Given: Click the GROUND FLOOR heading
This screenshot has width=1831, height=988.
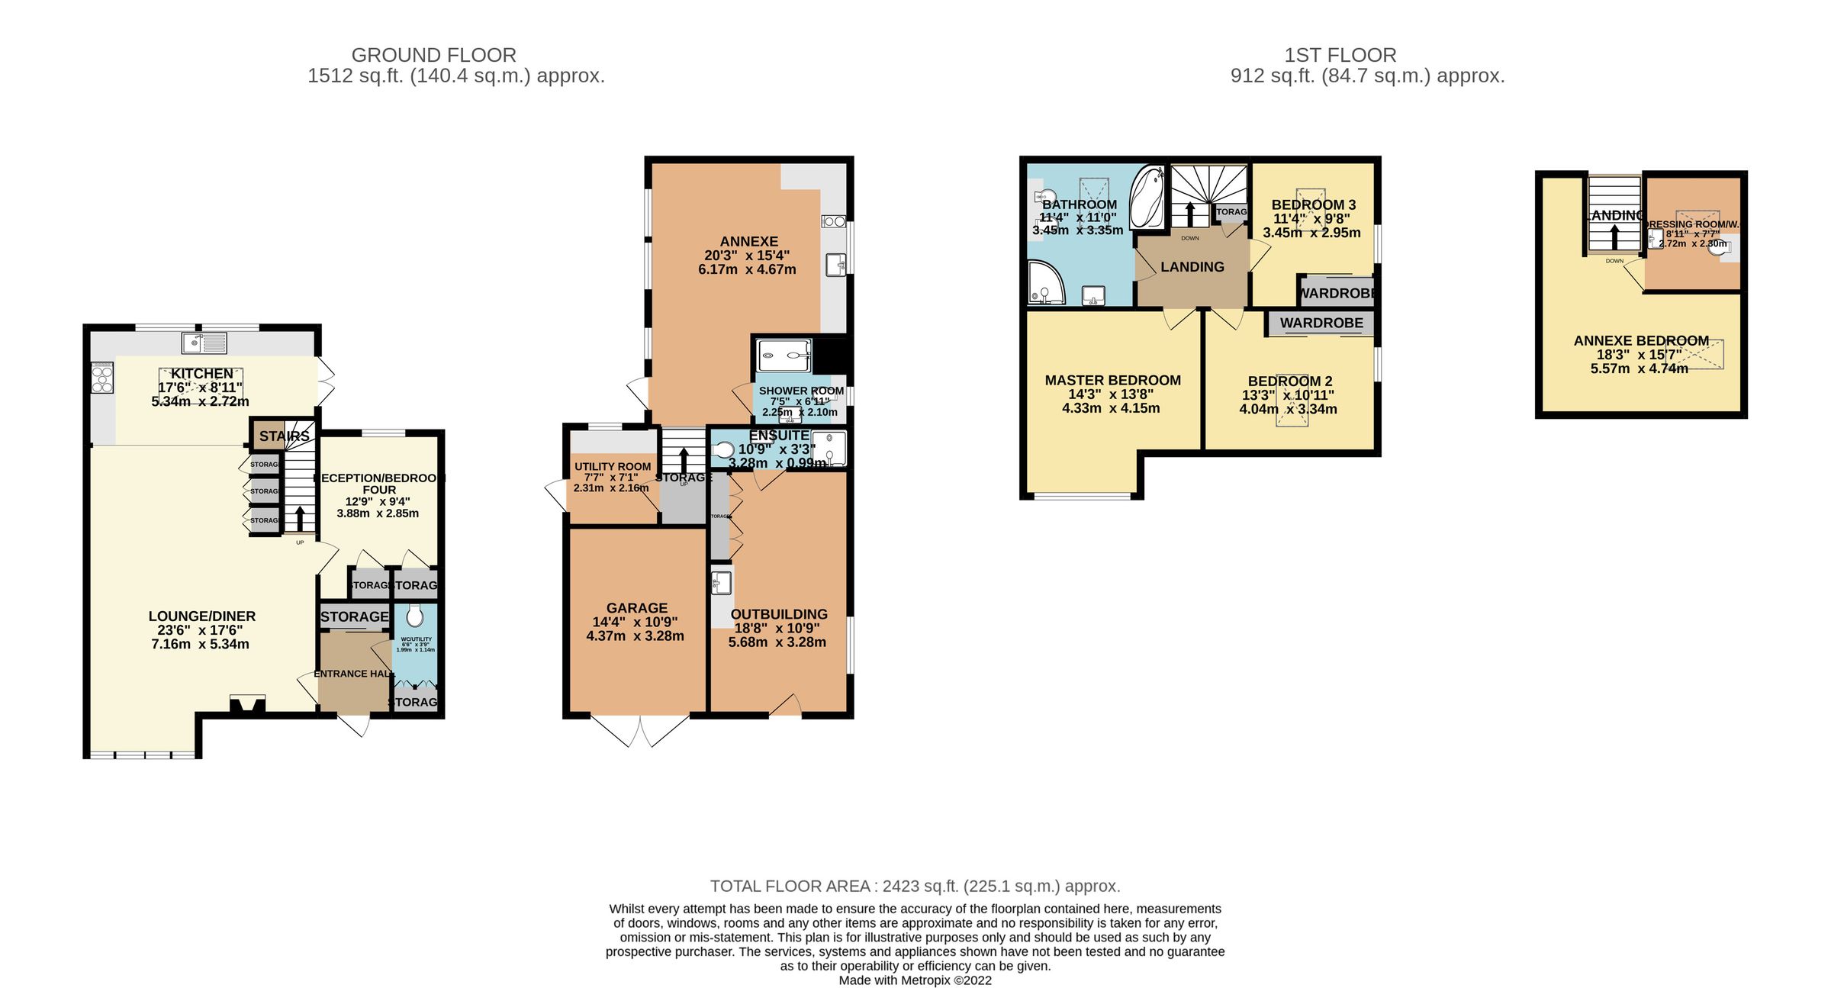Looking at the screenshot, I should pos(433,55).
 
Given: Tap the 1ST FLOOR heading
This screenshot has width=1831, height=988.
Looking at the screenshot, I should pos(1340,55).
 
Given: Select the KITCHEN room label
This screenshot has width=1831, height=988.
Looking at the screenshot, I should pos(202,374).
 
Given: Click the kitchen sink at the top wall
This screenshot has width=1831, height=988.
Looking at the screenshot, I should pos(204,344).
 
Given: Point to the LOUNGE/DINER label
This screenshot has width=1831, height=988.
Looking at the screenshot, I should pos(202,616).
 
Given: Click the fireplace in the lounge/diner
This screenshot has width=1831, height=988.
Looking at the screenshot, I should pos(247,704).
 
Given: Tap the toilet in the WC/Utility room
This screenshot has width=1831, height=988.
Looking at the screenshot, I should pos(414,616).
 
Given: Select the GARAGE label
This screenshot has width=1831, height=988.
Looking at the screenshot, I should pos(637,608).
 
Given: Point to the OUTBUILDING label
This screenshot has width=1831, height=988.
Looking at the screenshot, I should pos(779,614).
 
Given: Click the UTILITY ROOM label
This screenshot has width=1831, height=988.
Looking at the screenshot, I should pos(613,466).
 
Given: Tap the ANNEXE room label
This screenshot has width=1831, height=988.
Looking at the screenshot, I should pos(748,241).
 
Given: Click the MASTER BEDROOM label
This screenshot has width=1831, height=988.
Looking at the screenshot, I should pos(1112,380).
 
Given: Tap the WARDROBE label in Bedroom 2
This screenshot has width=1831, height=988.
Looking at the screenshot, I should pos(1321,323).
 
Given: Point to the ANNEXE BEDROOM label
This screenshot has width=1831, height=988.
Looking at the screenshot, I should pos(1641,341).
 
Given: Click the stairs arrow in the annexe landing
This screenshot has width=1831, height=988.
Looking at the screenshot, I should pos(1614,235).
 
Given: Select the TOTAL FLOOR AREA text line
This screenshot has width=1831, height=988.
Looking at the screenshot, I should pos(915,886).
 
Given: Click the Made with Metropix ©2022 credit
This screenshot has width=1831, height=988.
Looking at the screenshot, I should pos(915,980).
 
